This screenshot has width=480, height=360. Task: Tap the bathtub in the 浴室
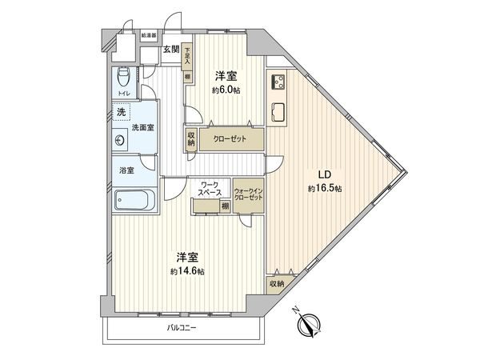(134, 198)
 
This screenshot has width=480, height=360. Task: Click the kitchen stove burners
(278, 82)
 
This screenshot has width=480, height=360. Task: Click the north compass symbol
(307, 323)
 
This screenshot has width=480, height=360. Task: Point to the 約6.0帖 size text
(226, 90)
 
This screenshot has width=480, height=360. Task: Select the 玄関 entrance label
(170, 50)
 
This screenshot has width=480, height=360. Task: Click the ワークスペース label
(211, 189)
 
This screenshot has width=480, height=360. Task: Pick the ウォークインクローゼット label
(248, 194)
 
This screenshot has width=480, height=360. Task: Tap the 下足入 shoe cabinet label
(186, 54)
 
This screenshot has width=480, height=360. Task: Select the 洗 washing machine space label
(121, 112)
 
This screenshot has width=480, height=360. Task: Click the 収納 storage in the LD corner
(277, 283)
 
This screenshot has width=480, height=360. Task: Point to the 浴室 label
(126, 170)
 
